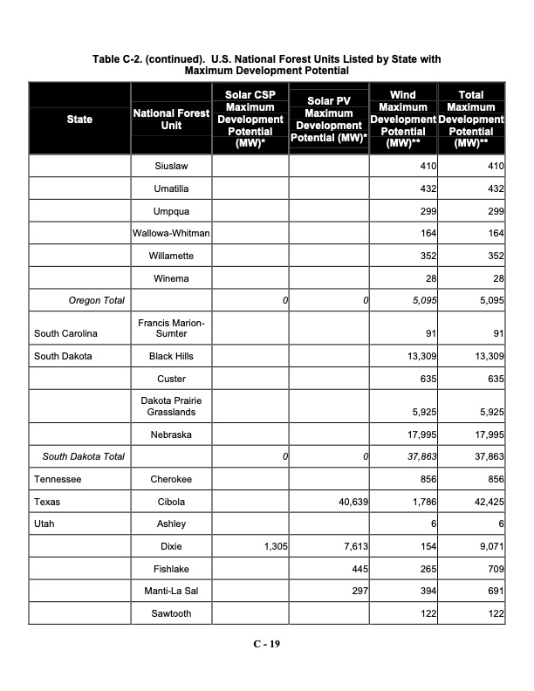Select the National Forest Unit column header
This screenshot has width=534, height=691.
pyautogui.click(x=171, y=120)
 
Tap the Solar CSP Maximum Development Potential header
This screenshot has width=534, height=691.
pyautogui.click(x=250, y=120)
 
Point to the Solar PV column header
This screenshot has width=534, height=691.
pyautogui.click(x=329, y=120)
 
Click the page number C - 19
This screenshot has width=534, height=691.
pyautogui.click(x=266, y=644)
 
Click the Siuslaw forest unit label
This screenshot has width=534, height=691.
pyautogui.click(x=171, y=166)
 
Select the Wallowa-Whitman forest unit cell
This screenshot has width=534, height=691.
pyautogui.click(x=171, y=233)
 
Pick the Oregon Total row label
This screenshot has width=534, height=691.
pyautogui.click(x=96, y=300)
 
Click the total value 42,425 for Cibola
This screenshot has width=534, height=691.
pyautogui.click(x=489, y=502)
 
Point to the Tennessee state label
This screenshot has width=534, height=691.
pyautogui.click(x=58, y=479)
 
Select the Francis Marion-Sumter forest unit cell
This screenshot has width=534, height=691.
pyautogui.click(x=171, y=328)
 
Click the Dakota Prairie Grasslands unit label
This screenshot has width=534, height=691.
pyautogui.click(x=171, y=406)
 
